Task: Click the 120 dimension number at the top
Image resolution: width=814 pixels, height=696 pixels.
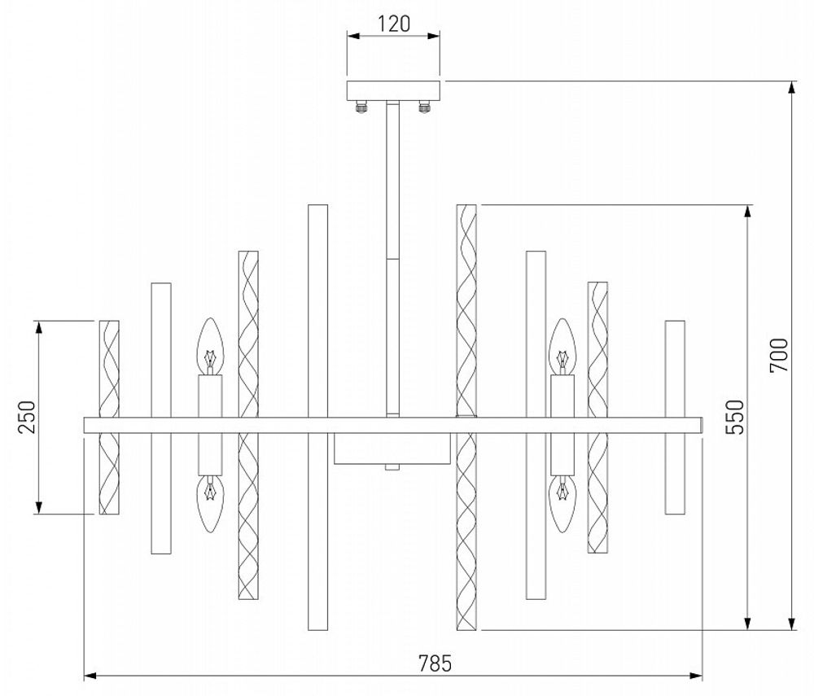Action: click(395, 24)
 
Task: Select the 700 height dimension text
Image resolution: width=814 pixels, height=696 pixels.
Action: click(779, 354)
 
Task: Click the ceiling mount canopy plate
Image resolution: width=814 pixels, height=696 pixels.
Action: click(394, 90)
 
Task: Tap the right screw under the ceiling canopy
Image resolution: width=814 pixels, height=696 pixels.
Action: click(424, 106)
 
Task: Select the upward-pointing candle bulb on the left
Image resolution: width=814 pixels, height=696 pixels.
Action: click(211, 346)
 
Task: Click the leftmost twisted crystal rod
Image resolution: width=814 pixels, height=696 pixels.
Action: click(109, 417)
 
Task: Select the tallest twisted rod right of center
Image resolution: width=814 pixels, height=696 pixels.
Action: click(466, 417)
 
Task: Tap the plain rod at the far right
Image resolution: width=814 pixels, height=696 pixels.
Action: click(674, 417)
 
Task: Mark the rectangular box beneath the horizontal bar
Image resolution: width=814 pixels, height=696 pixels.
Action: click(392, 448)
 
